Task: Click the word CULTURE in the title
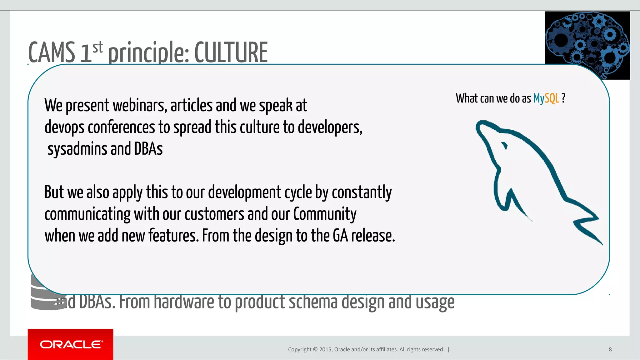coord(231,52)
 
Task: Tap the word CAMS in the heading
coord(52,52)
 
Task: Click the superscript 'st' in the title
coord(97,47)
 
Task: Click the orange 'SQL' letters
coord(552,98)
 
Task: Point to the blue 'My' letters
coord(539,99)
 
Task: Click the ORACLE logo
coord(71,344)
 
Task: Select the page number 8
coord(610,349)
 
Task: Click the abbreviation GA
coord(340,236)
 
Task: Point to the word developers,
coord(330,127)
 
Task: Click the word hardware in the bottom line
coord(183,302)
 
